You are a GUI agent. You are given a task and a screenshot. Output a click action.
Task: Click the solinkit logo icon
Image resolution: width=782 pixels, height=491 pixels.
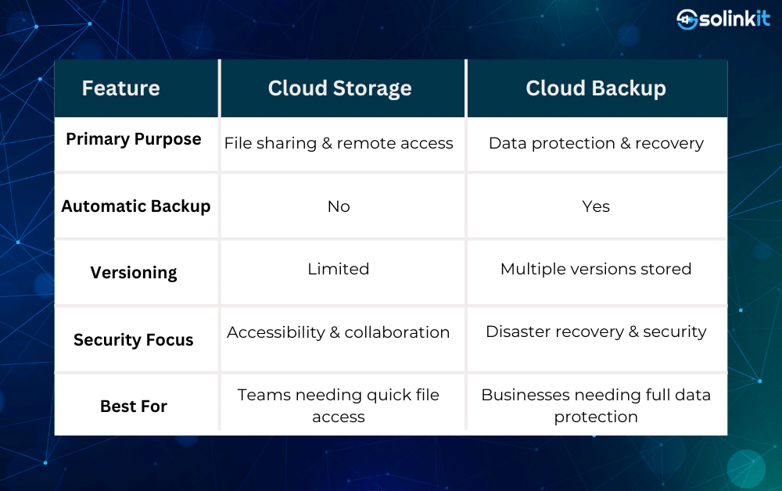pos(687,20)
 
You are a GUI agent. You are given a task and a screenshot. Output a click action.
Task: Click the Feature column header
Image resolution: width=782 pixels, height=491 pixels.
pos(120,88)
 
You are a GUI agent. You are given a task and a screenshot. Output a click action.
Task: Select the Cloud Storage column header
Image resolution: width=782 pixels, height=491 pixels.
pos(339,88)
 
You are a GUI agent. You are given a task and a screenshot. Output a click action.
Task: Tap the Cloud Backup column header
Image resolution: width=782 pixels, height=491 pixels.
pos(596,88)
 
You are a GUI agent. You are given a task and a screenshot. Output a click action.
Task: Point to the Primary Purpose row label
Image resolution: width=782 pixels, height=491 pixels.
pos(134,139)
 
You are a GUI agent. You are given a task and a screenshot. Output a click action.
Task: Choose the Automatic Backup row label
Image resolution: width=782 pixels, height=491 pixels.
pos(135,206)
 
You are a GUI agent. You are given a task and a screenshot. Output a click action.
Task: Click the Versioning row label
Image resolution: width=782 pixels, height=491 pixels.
pos(134,273)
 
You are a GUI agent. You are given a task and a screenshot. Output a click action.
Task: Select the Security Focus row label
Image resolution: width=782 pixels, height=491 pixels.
pos(134,340)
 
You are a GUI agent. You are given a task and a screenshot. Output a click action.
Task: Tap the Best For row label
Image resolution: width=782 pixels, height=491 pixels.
pos(134,407)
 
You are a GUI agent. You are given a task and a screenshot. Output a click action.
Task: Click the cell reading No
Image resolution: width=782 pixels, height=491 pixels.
pos(339,206)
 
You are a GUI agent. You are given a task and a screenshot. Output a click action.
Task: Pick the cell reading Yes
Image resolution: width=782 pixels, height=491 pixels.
pos(596,206)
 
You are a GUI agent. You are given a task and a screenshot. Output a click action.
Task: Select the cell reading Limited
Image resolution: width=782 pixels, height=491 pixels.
pos(339,269)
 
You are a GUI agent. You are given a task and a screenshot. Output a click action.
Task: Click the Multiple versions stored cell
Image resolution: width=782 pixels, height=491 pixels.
pos(596,269)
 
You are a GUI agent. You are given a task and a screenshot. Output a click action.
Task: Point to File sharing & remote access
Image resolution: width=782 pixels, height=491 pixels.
pos(339,144)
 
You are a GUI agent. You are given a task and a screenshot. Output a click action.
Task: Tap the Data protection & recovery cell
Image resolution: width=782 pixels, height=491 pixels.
pos(596,144)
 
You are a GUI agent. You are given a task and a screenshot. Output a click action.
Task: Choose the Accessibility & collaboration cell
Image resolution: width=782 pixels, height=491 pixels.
pos(339,332)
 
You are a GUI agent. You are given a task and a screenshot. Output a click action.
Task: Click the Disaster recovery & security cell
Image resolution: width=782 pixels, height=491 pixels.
pos(596,332)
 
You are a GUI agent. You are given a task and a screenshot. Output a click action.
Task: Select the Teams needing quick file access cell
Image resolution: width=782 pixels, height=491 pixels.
pos(339,406)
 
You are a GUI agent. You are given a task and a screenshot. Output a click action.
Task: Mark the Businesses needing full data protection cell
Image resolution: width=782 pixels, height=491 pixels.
pos(596,406)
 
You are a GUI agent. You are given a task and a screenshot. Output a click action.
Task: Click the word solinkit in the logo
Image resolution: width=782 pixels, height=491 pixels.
pos(734,19)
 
